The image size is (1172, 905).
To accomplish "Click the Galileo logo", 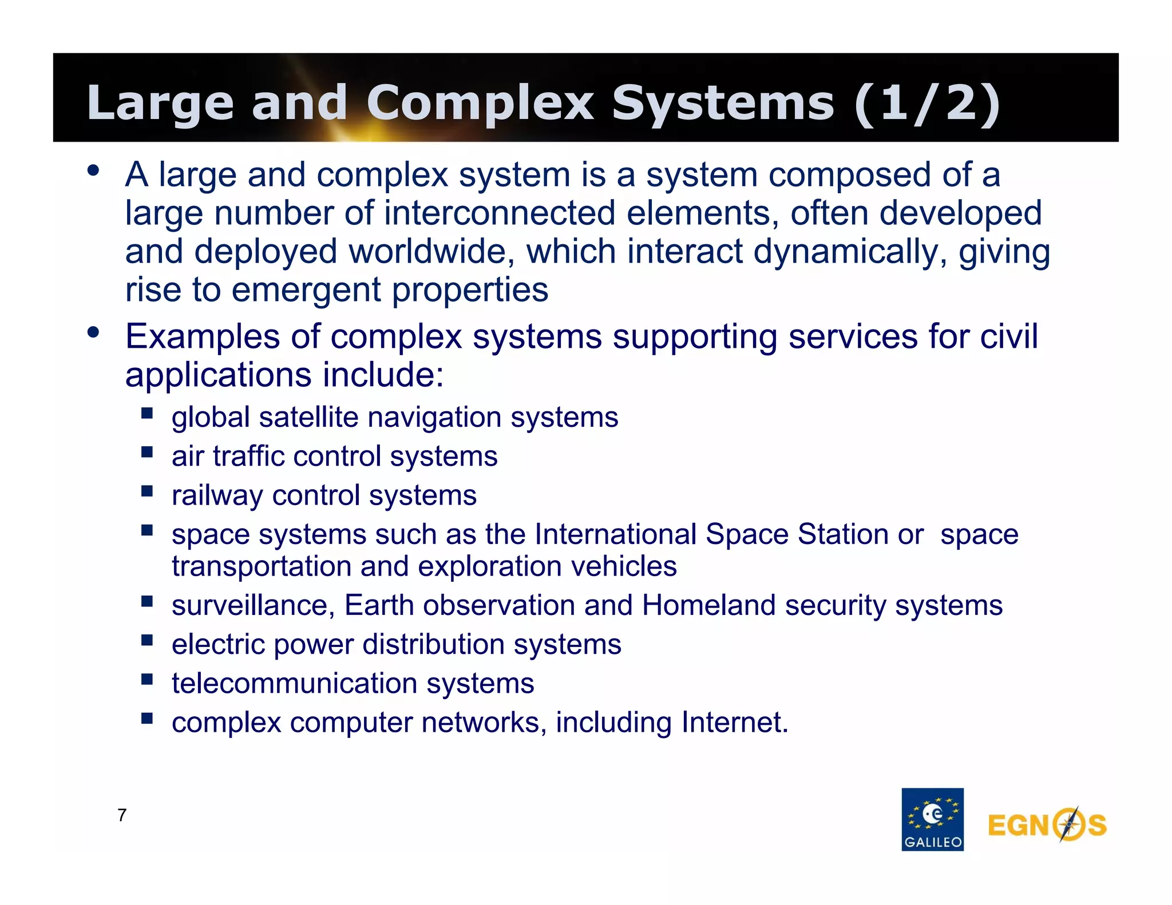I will (x=932, y=819).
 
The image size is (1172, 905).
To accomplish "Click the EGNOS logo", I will (x=1047, y=824).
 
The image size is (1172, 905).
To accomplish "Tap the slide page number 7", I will (x=122, y=815).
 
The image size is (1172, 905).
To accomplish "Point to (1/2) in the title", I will (x=927, y=103).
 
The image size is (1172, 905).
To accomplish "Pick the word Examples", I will (x=203, y=336).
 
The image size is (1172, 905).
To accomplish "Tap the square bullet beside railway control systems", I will (x=147, y=491).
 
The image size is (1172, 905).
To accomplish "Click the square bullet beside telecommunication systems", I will (x=147, y=679).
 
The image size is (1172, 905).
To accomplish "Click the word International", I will (x=615, y=534).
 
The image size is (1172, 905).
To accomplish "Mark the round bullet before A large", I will (x=93, y=170).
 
